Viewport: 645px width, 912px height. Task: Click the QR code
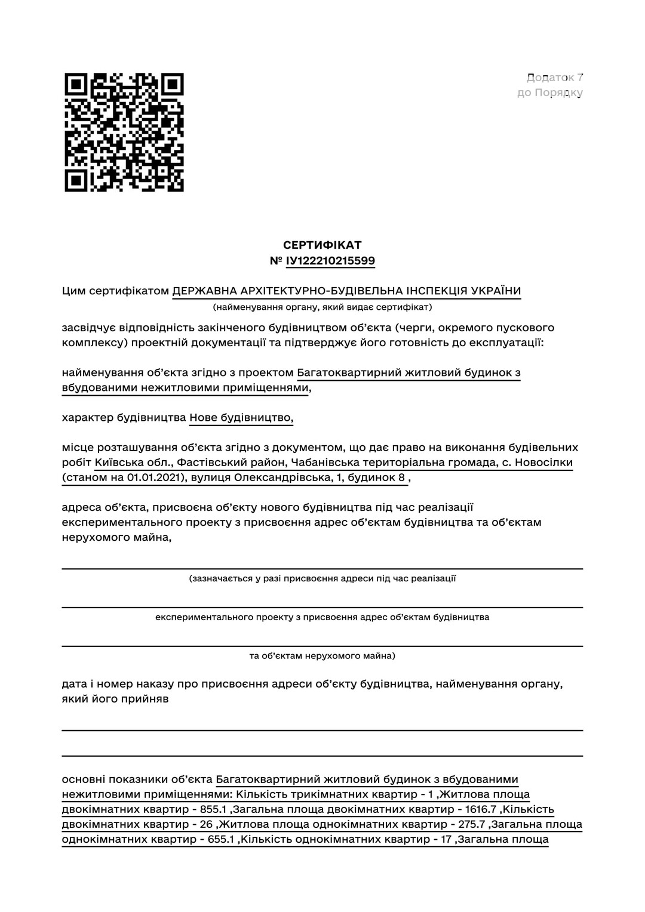tap(124, 133)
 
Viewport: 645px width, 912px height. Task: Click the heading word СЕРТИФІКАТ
tap(322, 245)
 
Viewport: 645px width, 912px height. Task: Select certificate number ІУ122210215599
tap(330, 261)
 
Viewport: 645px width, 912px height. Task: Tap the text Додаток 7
tap(555, 78)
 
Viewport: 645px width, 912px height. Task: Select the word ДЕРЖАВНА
tap(203, 291)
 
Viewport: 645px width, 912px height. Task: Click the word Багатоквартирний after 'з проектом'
tap(349, 373)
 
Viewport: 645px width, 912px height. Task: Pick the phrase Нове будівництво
tap(241, 418)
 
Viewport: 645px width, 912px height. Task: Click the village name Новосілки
tap(543, 463)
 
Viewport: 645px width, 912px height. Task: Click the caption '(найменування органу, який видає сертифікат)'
tap(322, 307)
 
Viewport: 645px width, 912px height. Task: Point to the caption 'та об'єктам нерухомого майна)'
tap(322, 656)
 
